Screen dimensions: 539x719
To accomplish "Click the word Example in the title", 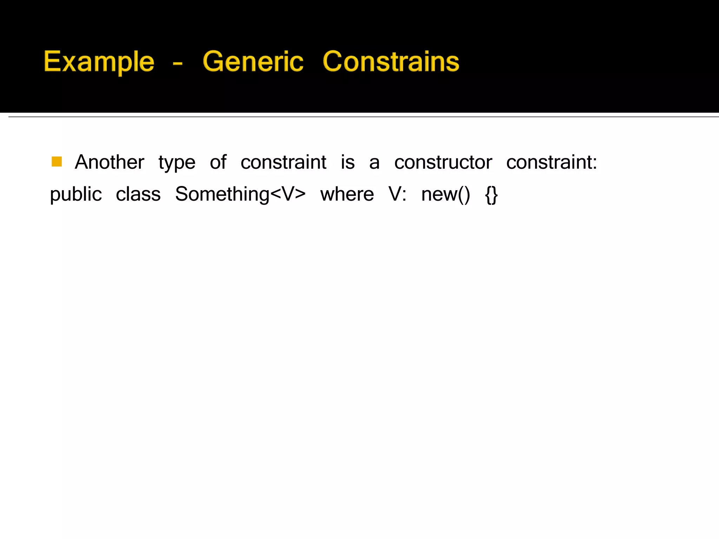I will [99, 62].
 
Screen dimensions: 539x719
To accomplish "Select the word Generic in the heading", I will [253, 62].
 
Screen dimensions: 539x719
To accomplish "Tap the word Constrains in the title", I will [391, 62].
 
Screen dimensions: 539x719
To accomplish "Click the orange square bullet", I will [57, 162].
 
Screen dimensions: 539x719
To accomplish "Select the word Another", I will [109, 162].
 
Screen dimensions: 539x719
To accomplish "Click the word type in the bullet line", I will [177, 163].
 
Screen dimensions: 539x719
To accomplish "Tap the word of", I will [218, 162].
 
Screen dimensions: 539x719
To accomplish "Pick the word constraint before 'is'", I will [283, 162].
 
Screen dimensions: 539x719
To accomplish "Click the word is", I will [348, 162].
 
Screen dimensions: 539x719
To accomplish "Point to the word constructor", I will [443, 162].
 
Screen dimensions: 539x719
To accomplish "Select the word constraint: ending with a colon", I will [552, 162].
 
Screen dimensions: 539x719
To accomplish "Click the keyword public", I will [76, 194].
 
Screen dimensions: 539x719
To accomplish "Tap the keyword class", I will [138, 194].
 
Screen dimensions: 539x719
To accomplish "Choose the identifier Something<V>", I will [240, 194].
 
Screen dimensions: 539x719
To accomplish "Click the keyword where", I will [347, 194].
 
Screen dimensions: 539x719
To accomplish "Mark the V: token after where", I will [397, 194].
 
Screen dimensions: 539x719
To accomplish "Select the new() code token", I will [445, 194].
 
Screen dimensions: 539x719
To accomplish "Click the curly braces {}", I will [491, 195].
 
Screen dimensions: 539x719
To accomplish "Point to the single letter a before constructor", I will [374, 163].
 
